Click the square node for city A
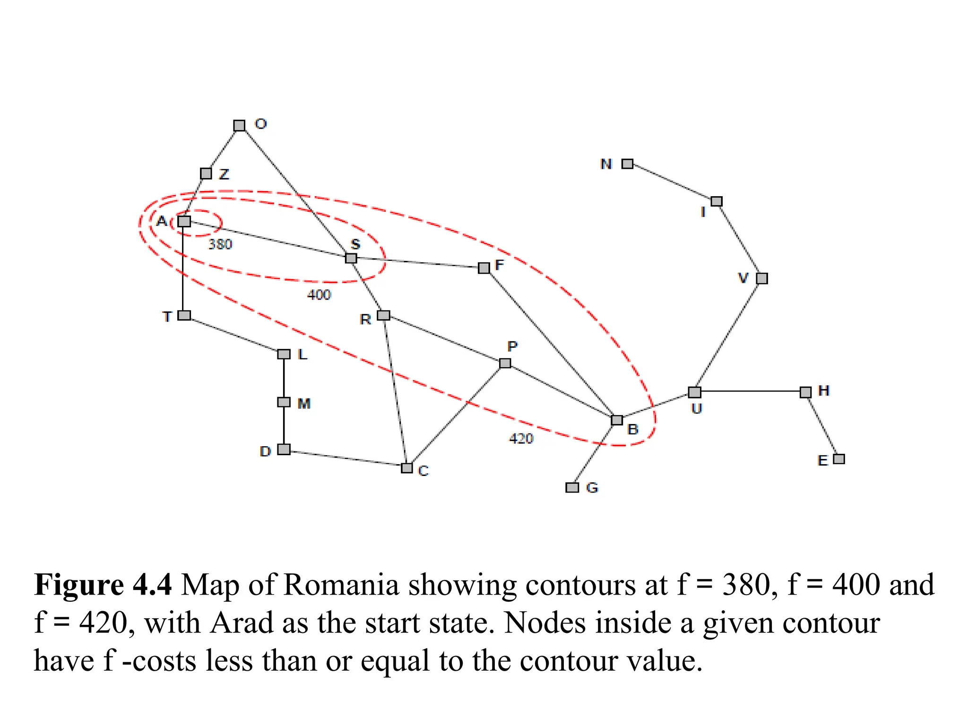pos(184,221)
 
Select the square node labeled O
pos(239,126)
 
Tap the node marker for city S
pos(351,258)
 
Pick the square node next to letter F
pos(484,268)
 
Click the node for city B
pos(617,420)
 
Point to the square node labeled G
pos(572,487)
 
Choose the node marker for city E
pos(838,459)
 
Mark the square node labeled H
pos(805,392)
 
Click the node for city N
pos(627,164)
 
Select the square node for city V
pos(761,278)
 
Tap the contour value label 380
pos(220,244)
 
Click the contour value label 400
pos(319,295)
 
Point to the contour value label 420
pos(521,439)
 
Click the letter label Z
pos(224,174)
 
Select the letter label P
pos(512,347)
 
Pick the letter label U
pos(697,409)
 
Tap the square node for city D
pos(284,449)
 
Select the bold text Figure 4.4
pos(103,585)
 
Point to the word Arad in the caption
pos(242,623)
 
